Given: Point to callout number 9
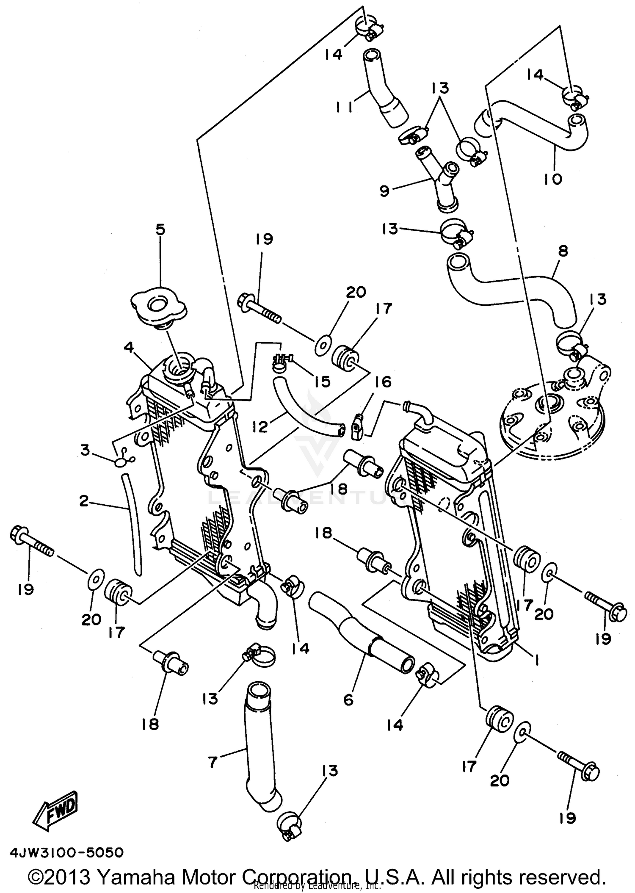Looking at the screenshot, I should click(384, 191).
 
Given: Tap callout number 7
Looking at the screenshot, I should click(213, 763).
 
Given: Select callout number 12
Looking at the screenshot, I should click(260, 426).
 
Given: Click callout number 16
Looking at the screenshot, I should click(383, 382).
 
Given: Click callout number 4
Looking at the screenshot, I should click(129, 347).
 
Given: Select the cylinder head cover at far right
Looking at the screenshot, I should click(550, 419).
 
